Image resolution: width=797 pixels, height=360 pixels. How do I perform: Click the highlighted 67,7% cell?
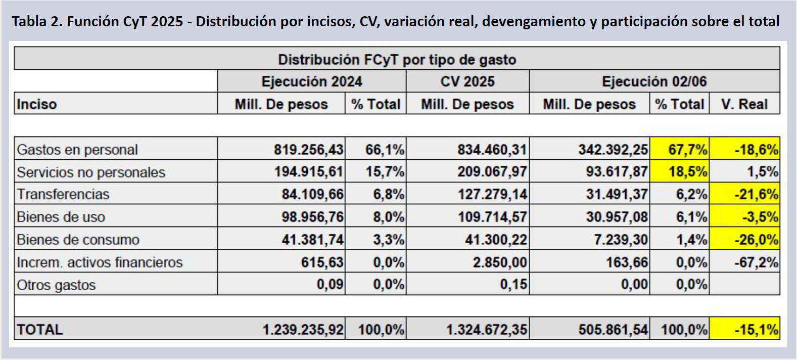point(680,150)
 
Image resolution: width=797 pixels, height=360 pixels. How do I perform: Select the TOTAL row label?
point(40,330)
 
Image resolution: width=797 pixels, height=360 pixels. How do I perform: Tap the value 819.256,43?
point(308,150)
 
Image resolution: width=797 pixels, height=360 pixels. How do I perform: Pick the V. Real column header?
point(744,104)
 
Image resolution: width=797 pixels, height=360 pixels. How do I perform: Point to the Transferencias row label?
point(63,195)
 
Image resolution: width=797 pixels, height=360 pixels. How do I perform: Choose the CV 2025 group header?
point(467,81)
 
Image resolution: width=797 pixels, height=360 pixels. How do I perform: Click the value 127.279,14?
point(492,195)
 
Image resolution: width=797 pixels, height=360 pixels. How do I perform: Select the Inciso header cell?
point(37,104)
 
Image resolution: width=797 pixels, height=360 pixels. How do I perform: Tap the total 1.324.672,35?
point(486,330)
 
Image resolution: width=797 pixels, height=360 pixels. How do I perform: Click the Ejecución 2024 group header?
point(311,81)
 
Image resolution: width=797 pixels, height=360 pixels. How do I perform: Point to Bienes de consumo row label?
point(78,240)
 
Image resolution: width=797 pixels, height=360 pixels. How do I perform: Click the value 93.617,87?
point(617,172)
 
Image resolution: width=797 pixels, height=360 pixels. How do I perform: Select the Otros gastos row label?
point(56,285)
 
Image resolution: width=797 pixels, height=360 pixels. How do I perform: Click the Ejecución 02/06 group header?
point(654,81)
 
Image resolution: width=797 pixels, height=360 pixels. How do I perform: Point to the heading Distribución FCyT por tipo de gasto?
point(397,60)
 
